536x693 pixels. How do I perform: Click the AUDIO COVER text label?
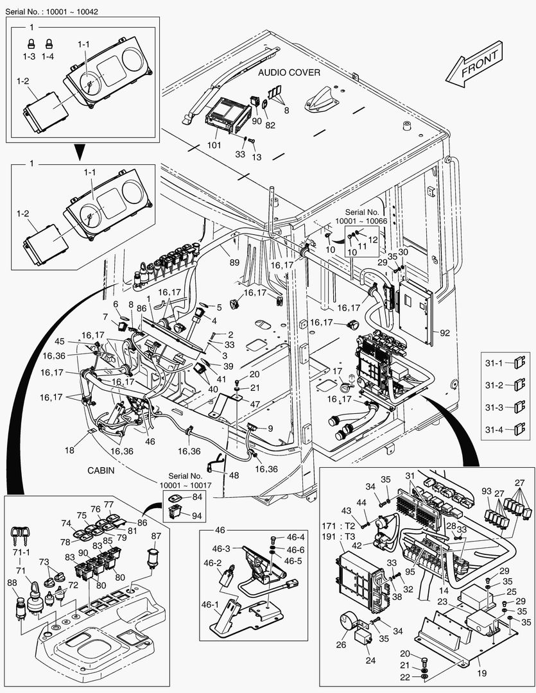(x=289, y=73)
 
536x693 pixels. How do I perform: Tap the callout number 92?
(x=445, y=332)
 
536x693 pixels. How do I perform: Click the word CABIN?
(x=100, y=470)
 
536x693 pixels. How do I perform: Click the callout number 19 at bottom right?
(x=482, y=673)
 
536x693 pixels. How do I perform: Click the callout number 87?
(x=156, y=518)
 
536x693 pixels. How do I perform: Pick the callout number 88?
(x=13, y=583)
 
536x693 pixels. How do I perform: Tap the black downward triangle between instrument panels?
(x=80, y=151)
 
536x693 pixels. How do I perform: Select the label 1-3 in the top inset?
(x=29, y=56)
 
